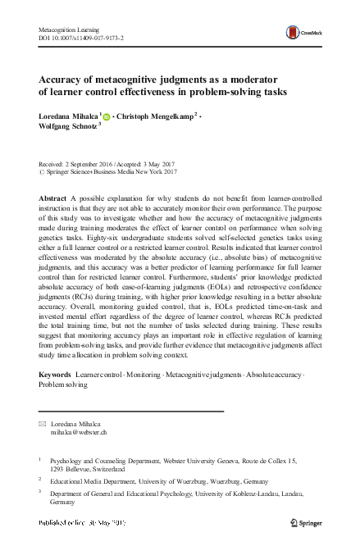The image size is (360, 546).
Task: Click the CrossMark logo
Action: coord(302,33)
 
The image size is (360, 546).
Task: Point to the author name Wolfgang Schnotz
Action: coord(67,129)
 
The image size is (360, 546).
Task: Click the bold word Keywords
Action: coord(55,374)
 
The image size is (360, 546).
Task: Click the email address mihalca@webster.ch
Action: coord(78,431)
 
